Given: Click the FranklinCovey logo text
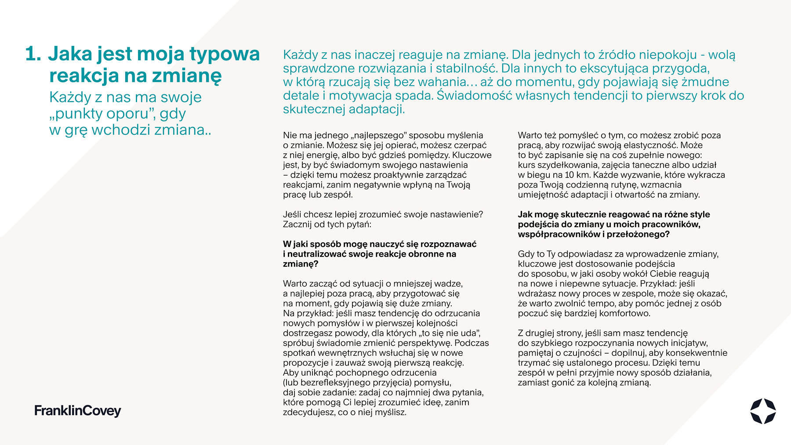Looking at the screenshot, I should (x=78, y=411).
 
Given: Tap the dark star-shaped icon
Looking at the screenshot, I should (x=762, y=411).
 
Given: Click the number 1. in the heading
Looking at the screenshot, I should (x=33, y=54).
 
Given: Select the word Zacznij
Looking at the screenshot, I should (x=298, y=224).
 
